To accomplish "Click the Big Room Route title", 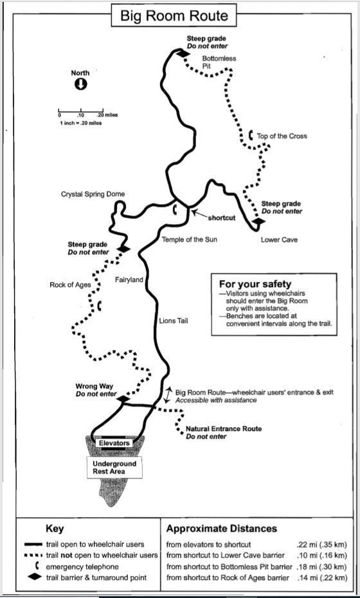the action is [x=174, y=16].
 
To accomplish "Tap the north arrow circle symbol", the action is [x=80, y=84].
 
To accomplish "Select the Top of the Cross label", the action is [x=282, y=136].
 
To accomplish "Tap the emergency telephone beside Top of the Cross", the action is [x=251, y=135].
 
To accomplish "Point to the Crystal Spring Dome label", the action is [x=93, y=194].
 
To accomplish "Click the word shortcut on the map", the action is [x=221, y=218].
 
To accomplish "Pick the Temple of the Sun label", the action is [x=190, y=240].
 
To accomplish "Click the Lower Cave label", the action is [x=279, y=240].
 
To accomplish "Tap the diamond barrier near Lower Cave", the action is [x=258, y=221].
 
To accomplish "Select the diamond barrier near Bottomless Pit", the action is [x=183, y=54].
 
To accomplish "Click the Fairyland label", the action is [x=129, y=280].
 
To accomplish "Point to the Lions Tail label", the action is [x=174, y=321].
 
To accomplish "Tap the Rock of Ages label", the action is [x=70, y=285].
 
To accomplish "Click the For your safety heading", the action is [x=255, y=284].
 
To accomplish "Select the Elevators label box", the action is [x=114, y=443].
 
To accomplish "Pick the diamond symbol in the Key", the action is [x=34, y=577].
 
